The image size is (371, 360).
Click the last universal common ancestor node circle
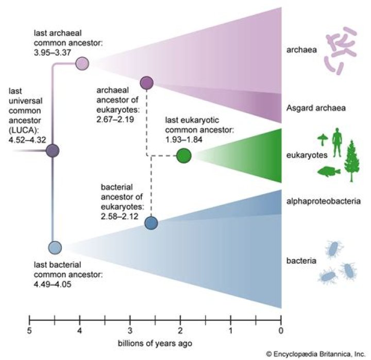tap(53, 151)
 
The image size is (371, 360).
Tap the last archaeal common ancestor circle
tap(82, 64)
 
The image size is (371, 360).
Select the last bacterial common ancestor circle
tap(55, 248)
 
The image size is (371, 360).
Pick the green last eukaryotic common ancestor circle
tap(183, 155)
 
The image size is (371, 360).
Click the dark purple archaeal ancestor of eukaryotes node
tap(147, 82)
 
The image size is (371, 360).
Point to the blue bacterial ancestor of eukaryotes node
tap(151, 223)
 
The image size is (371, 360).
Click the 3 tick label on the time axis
tap(130, 331)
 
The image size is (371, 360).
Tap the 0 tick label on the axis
tap(281, 331)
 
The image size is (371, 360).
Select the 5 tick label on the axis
tap(30, 331)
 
